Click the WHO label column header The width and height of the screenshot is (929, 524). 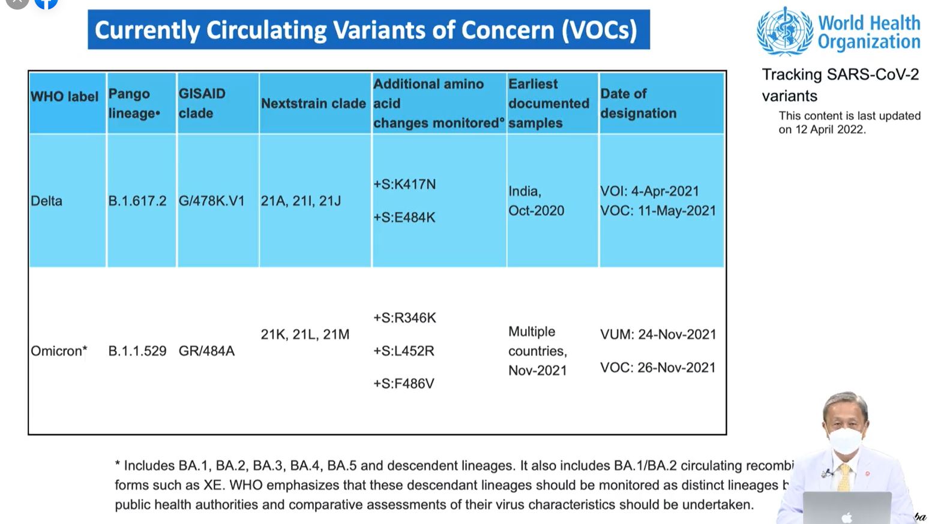[64, 97]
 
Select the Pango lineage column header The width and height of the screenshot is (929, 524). [134, 103]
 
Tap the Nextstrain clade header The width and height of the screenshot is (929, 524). [313, 103]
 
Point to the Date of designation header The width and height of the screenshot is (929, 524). [638, 103]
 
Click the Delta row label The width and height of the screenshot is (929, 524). [46, 201]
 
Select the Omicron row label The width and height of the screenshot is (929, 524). [59, 351]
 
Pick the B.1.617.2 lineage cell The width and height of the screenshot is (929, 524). [137, 201]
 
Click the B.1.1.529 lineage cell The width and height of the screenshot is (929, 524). [137, 351]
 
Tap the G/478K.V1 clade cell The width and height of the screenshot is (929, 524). [211, 201]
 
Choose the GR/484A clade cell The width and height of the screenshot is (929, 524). [206, 351]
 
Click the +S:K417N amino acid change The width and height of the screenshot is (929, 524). [404, 185]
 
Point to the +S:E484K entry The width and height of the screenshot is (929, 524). [404, 217]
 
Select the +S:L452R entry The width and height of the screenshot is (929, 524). [403, 351]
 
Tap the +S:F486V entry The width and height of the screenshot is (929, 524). [403, 384]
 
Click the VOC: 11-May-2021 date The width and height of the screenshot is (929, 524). [658, 211]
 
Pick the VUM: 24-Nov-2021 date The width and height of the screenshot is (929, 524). [658, 335]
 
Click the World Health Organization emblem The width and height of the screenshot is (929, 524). [784, 31]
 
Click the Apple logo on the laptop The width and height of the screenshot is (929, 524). [847, 517]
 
